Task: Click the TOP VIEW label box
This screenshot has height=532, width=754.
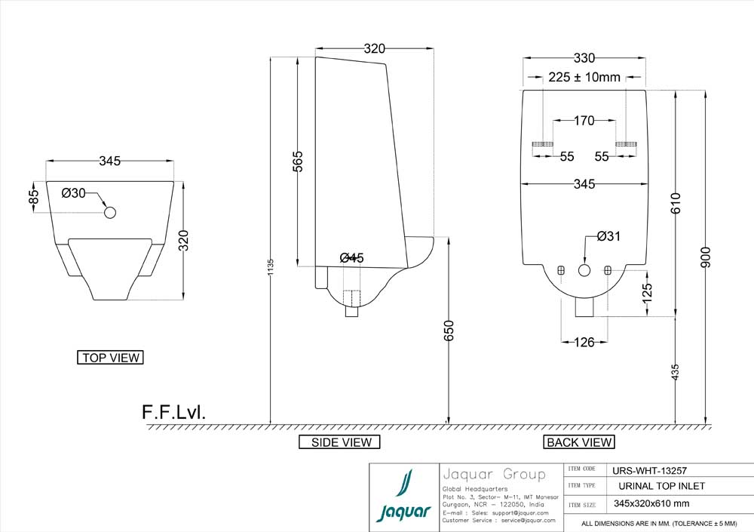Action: pos(110,358)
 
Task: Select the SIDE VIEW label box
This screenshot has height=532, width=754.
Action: pos(341,442)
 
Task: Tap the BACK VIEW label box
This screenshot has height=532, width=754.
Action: pos(579,442)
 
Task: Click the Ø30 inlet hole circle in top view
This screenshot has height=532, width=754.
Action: pos(110,213)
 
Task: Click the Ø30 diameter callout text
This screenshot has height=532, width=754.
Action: pos(74,193)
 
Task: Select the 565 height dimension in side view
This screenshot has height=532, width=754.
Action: pos(298,161)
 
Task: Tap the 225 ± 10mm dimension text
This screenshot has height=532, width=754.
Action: pos(584,77)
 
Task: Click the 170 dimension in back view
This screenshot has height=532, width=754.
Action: pos(584,120)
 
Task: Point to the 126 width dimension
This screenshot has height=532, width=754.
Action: pos(578,343)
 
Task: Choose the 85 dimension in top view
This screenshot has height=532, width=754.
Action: pos(33,195)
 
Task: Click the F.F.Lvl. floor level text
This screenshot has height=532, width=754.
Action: pos(173,412)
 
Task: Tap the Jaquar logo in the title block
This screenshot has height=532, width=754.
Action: pos(403,498)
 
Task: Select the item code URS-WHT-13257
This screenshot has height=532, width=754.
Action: pos(650,469)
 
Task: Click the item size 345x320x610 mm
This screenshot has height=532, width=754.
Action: pos(651,504)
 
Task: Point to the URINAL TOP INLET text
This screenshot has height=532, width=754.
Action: pos(662,486)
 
